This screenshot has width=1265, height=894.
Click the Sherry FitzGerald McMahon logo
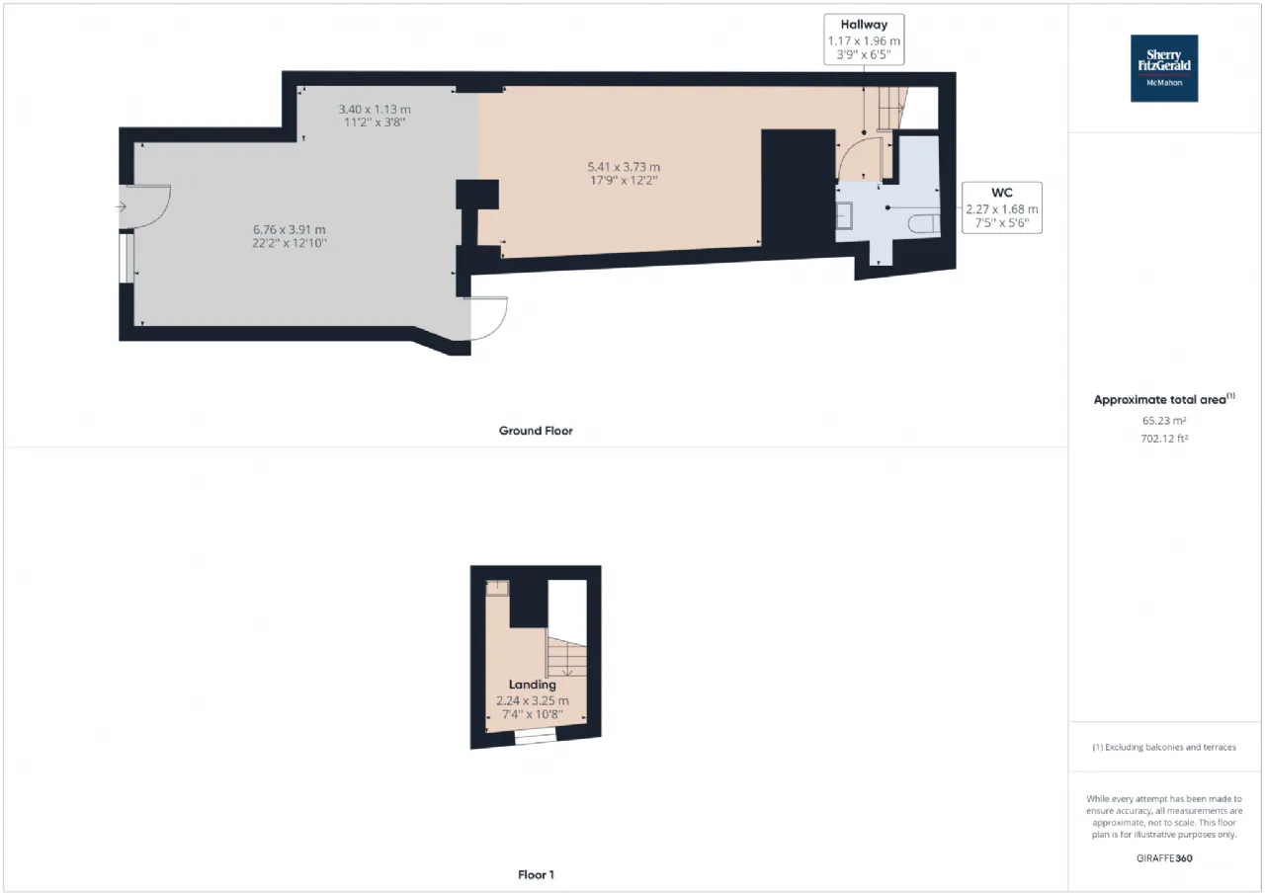[x=1164, y=68]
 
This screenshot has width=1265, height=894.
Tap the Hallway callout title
[x=864, y=25]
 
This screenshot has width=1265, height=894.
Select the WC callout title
[x=1002, y=193]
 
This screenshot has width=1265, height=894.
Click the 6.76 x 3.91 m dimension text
[x=290, y=230]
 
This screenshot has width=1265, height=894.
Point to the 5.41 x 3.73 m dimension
[x=624, y=167]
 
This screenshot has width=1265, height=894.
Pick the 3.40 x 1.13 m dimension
[x=375, y=109]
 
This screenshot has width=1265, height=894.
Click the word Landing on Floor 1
[x=532, y=685]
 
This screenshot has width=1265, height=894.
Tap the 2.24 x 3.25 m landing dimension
[x=532, y=701]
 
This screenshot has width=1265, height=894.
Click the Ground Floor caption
[x=536, y=431]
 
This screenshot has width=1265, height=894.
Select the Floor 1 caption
[x=536, y=874]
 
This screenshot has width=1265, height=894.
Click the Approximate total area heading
[x=1164, y=399]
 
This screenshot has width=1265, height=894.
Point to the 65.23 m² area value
[x=1164, y=421]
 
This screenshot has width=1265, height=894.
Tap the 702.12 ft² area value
[x=1164, y=439]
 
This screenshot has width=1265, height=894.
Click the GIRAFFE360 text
[x=1164, y=857]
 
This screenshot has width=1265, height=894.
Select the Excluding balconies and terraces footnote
[x=1164, y=747]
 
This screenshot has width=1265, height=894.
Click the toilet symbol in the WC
[x=924, y=223]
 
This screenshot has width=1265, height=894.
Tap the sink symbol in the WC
[x=844, y=215]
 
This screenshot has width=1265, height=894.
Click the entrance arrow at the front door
[x=121, y=207]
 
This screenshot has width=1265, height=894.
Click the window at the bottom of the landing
[x=535, y=736]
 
